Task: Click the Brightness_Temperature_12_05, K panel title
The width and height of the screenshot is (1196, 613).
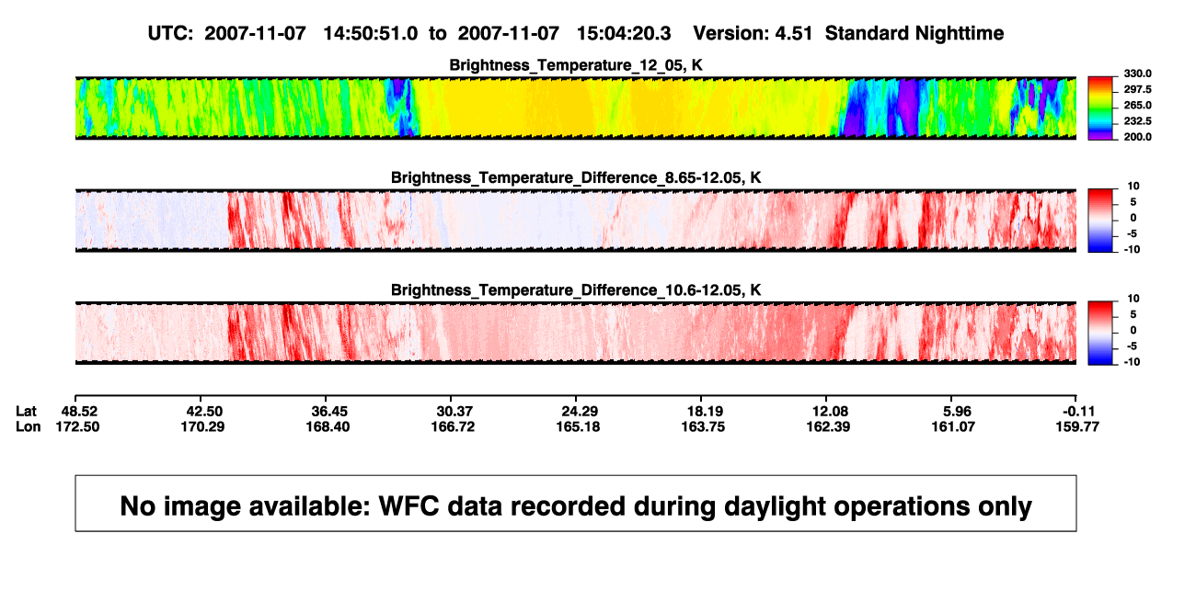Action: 576,65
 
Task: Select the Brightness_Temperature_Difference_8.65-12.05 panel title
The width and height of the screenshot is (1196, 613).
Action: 576,177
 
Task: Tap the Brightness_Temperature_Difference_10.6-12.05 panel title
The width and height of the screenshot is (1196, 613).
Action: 576,290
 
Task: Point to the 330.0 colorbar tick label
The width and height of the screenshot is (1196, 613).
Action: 1137,74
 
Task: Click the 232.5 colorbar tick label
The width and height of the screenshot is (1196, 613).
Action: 1137,121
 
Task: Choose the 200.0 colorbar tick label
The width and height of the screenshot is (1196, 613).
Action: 1137,137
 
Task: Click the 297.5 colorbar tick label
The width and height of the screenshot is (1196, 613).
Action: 1137,90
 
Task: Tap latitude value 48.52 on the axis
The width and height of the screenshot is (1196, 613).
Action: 79,412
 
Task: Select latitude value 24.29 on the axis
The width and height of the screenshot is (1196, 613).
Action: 580,412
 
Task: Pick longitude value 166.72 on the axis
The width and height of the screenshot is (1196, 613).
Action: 453,426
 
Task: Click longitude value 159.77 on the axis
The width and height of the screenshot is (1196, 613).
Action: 1077,426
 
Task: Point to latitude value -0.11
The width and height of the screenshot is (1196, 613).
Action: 1078,412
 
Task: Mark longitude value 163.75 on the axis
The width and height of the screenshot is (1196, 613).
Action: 703,426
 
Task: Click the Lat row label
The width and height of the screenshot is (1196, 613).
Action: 26,412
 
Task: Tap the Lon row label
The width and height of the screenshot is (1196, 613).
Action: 29,426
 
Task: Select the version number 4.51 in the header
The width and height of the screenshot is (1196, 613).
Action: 794,33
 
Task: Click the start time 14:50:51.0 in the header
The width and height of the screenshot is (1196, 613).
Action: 371,33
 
